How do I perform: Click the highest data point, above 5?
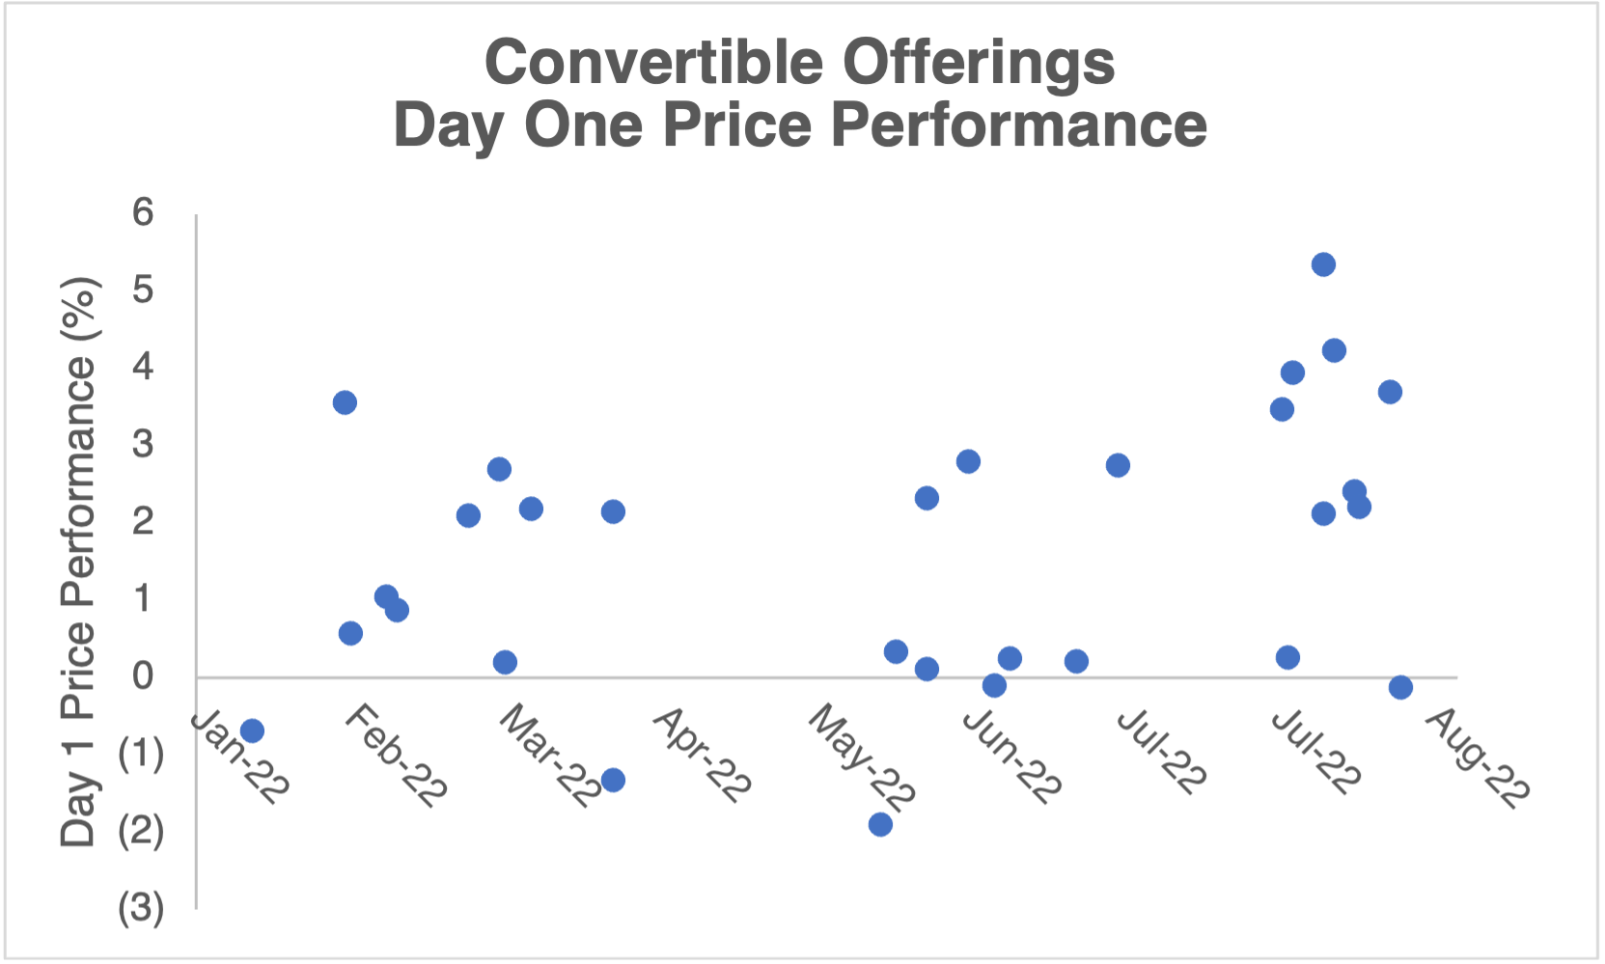click(1323, 264)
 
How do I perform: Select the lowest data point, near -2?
click(880, 824)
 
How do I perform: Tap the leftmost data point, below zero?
click(252, 730)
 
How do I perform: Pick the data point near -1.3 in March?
click(613, 780)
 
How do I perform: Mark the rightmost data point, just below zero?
click(1400, 688)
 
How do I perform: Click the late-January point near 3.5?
click(345, 402)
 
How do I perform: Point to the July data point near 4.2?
click(1334, 350)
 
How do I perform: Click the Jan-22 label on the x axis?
click(239, 757)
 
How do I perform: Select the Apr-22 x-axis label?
click(703, 756)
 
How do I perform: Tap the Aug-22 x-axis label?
click(1478, 757)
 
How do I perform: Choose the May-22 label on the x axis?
click(862, 757)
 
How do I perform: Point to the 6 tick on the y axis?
click(143, 212)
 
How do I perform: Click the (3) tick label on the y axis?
click(141, 908)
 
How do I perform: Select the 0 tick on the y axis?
click(143, 675)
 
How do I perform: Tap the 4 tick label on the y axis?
click(143, 366)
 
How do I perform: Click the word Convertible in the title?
click(654, 63)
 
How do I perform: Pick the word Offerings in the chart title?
click(978, 66)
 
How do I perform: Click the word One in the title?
click(583, 125)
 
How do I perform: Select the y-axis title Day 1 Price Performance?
click(78, 563)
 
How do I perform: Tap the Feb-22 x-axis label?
click(396, 756)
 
